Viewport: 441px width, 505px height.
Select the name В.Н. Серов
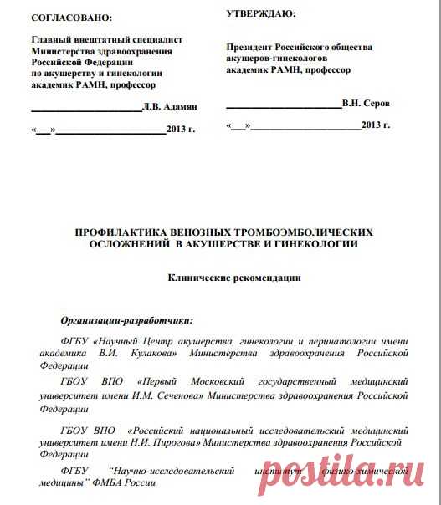click(366, 103)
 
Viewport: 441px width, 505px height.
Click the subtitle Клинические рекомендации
click(234, 278)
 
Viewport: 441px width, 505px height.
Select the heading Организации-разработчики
click(127, 319)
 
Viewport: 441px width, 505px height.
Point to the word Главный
click(52, 39)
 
